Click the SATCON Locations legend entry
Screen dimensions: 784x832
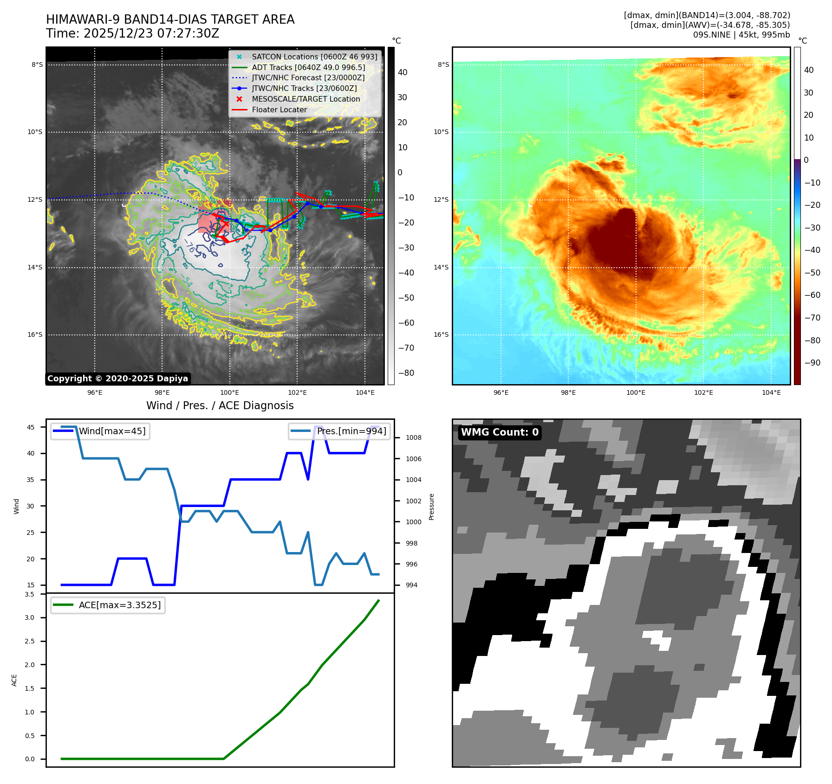(x=314, y=57)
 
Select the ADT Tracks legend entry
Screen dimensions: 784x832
(x=308, y=67)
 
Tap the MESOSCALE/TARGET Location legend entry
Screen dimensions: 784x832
(x=305, y=99)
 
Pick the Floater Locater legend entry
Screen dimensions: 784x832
(x=279, y=109)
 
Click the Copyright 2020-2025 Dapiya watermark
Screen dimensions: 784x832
(x=117, y=379)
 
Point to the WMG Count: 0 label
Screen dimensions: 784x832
(x=500, y=432)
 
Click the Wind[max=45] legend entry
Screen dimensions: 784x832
(x=112, y=431)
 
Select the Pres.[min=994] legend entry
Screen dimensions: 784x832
(x=351, y=431)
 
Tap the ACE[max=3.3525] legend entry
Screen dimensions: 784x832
(x=119, y=605)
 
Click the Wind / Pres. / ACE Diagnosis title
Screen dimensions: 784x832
(x=220, y=405)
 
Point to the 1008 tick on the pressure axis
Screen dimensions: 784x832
(x=413, y=437)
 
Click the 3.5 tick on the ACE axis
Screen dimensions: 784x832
(x=30, y=594)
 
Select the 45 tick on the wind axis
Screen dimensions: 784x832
(x=31, y=427)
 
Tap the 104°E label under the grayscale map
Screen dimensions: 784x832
(x=365, y=392)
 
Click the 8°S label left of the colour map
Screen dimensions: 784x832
(x=443, y=64)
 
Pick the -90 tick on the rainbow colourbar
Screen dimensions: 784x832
(x=812, y=363)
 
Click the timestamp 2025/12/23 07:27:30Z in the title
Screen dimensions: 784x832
(x=151, y=33)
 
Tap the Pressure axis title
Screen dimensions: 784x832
(x=432, y=507)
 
